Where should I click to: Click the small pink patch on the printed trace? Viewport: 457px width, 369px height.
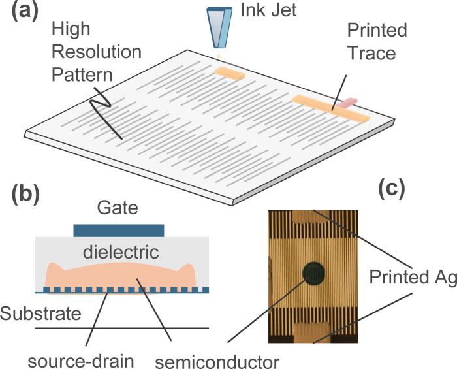[349, 103]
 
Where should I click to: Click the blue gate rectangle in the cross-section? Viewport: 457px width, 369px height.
[118, 230]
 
